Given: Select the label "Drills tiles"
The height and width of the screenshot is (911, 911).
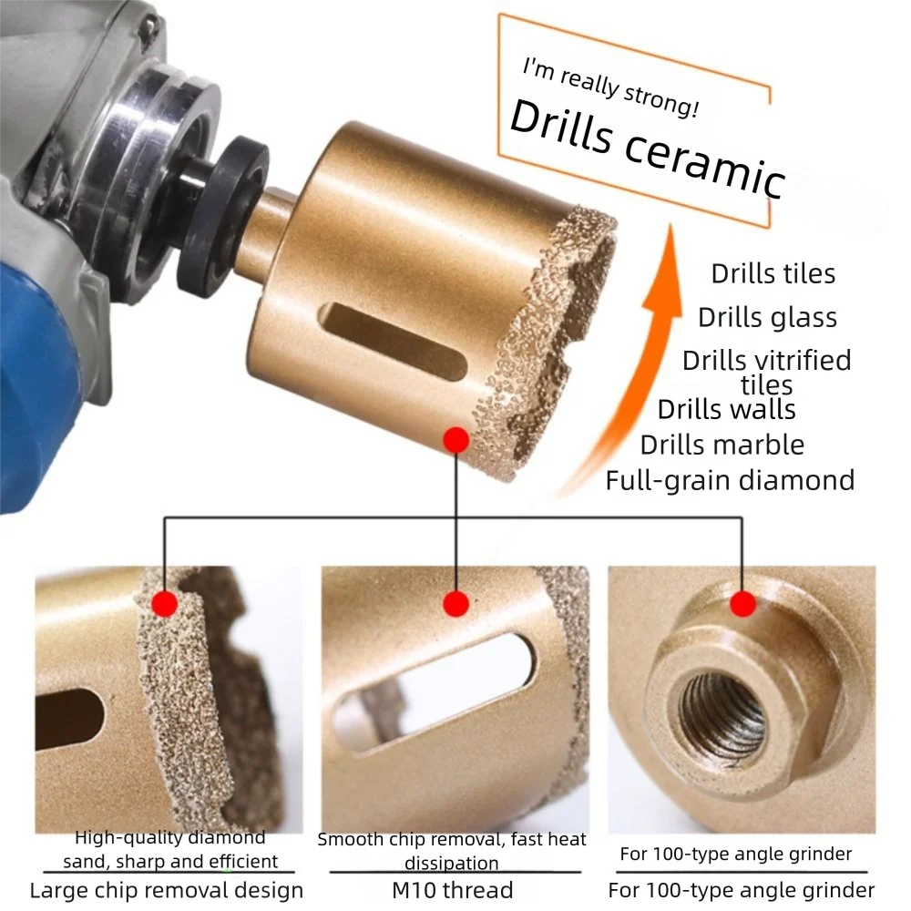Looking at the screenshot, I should tap(773, 273).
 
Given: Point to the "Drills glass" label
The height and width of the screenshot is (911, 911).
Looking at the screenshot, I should tap(767, 317).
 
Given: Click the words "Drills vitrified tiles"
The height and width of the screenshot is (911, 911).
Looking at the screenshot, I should tap(766, 371).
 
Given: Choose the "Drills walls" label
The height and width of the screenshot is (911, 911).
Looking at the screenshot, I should tap(726, 409).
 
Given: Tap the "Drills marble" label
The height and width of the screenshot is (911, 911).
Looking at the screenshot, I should tap(722, 445).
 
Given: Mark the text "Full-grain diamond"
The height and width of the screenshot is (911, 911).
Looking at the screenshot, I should tap(730, 480).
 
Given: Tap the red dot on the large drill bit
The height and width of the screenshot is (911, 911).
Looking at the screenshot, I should tap(456, 441).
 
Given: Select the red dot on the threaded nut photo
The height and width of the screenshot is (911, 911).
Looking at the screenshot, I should tap(743, 603).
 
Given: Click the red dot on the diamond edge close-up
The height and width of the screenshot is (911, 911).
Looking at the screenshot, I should tap(165, 603).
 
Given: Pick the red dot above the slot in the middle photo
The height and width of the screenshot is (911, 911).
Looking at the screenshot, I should tap(456, 603).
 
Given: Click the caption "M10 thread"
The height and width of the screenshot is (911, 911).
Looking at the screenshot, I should tap(452, 890).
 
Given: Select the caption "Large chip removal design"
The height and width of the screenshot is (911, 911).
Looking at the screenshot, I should tap(166, 890).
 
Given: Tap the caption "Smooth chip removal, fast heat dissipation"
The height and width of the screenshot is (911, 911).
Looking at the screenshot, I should tap(452, 850).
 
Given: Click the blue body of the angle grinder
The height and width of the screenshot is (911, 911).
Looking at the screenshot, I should tap(36, 364).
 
